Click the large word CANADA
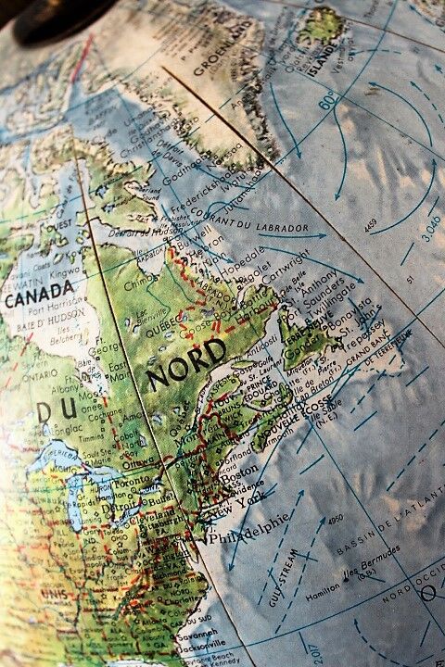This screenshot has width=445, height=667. [x=39, y=299]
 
